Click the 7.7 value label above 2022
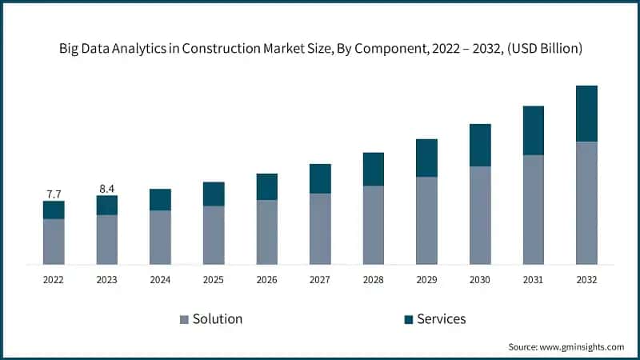54,194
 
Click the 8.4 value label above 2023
106,189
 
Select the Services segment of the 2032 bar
586,114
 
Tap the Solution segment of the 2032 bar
586,203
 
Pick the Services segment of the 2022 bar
54,210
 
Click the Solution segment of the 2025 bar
214,235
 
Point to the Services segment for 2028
374,169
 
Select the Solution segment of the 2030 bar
480,215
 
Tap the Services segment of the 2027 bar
320,178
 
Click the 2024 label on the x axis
160,280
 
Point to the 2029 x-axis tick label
426,280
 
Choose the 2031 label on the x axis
533,280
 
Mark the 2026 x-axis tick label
266,280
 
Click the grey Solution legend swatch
184,319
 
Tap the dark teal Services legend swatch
408,319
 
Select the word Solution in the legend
217,319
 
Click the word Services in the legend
441,319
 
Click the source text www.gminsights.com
581,347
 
